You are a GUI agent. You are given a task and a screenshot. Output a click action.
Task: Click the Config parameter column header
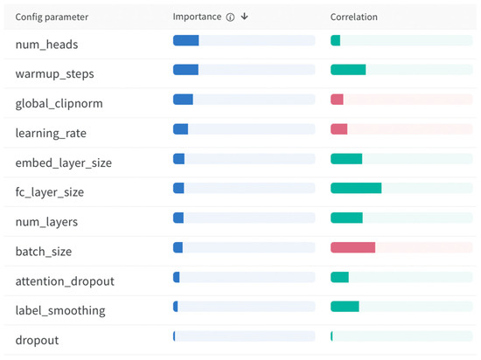click(52, 17)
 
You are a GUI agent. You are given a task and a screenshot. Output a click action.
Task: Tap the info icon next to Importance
click(230, 17)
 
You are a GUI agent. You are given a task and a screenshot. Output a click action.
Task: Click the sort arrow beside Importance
click(244, 17)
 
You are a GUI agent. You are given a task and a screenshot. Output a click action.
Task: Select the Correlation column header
click(353, 17)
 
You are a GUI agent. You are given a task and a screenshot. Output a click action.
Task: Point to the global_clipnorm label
click(59, 102)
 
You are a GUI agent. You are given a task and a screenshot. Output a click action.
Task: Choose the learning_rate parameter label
click(51, 133)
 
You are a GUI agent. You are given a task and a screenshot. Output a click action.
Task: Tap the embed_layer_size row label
click(64, 163)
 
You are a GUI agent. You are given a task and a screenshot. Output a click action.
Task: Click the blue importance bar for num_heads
click(186, 40)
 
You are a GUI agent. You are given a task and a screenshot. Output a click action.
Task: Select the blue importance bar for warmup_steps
click(185, 70)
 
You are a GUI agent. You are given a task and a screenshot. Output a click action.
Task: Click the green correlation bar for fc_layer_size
click(356, 188)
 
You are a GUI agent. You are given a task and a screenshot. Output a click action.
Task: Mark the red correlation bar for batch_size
click(352, 247)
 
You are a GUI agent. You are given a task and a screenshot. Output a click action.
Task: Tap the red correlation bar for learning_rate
click(339, 129)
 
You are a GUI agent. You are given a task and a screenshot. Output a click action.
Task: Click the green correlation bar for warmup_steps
click(348, 70)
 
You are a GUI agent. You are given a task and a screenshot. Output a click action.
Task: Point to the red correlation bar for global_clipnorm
click(337, 100)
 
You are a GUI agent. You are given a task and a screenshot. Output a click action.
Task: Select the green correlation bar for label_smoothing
click(345, 307)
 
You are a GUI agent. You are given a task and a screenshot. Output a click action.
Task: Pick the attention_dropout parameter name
click(65, 280)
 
